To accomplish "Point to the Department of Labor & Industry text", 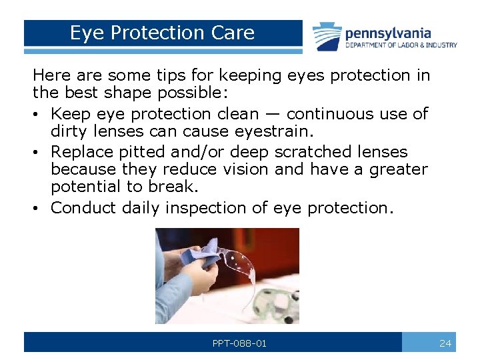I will [x=401, y=45].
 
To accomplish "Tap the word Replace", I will [x=85, y=151].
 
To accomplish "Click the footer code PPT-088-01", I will [x=239, y=343].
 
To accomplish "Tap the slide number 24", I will [x=446, y=343].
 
